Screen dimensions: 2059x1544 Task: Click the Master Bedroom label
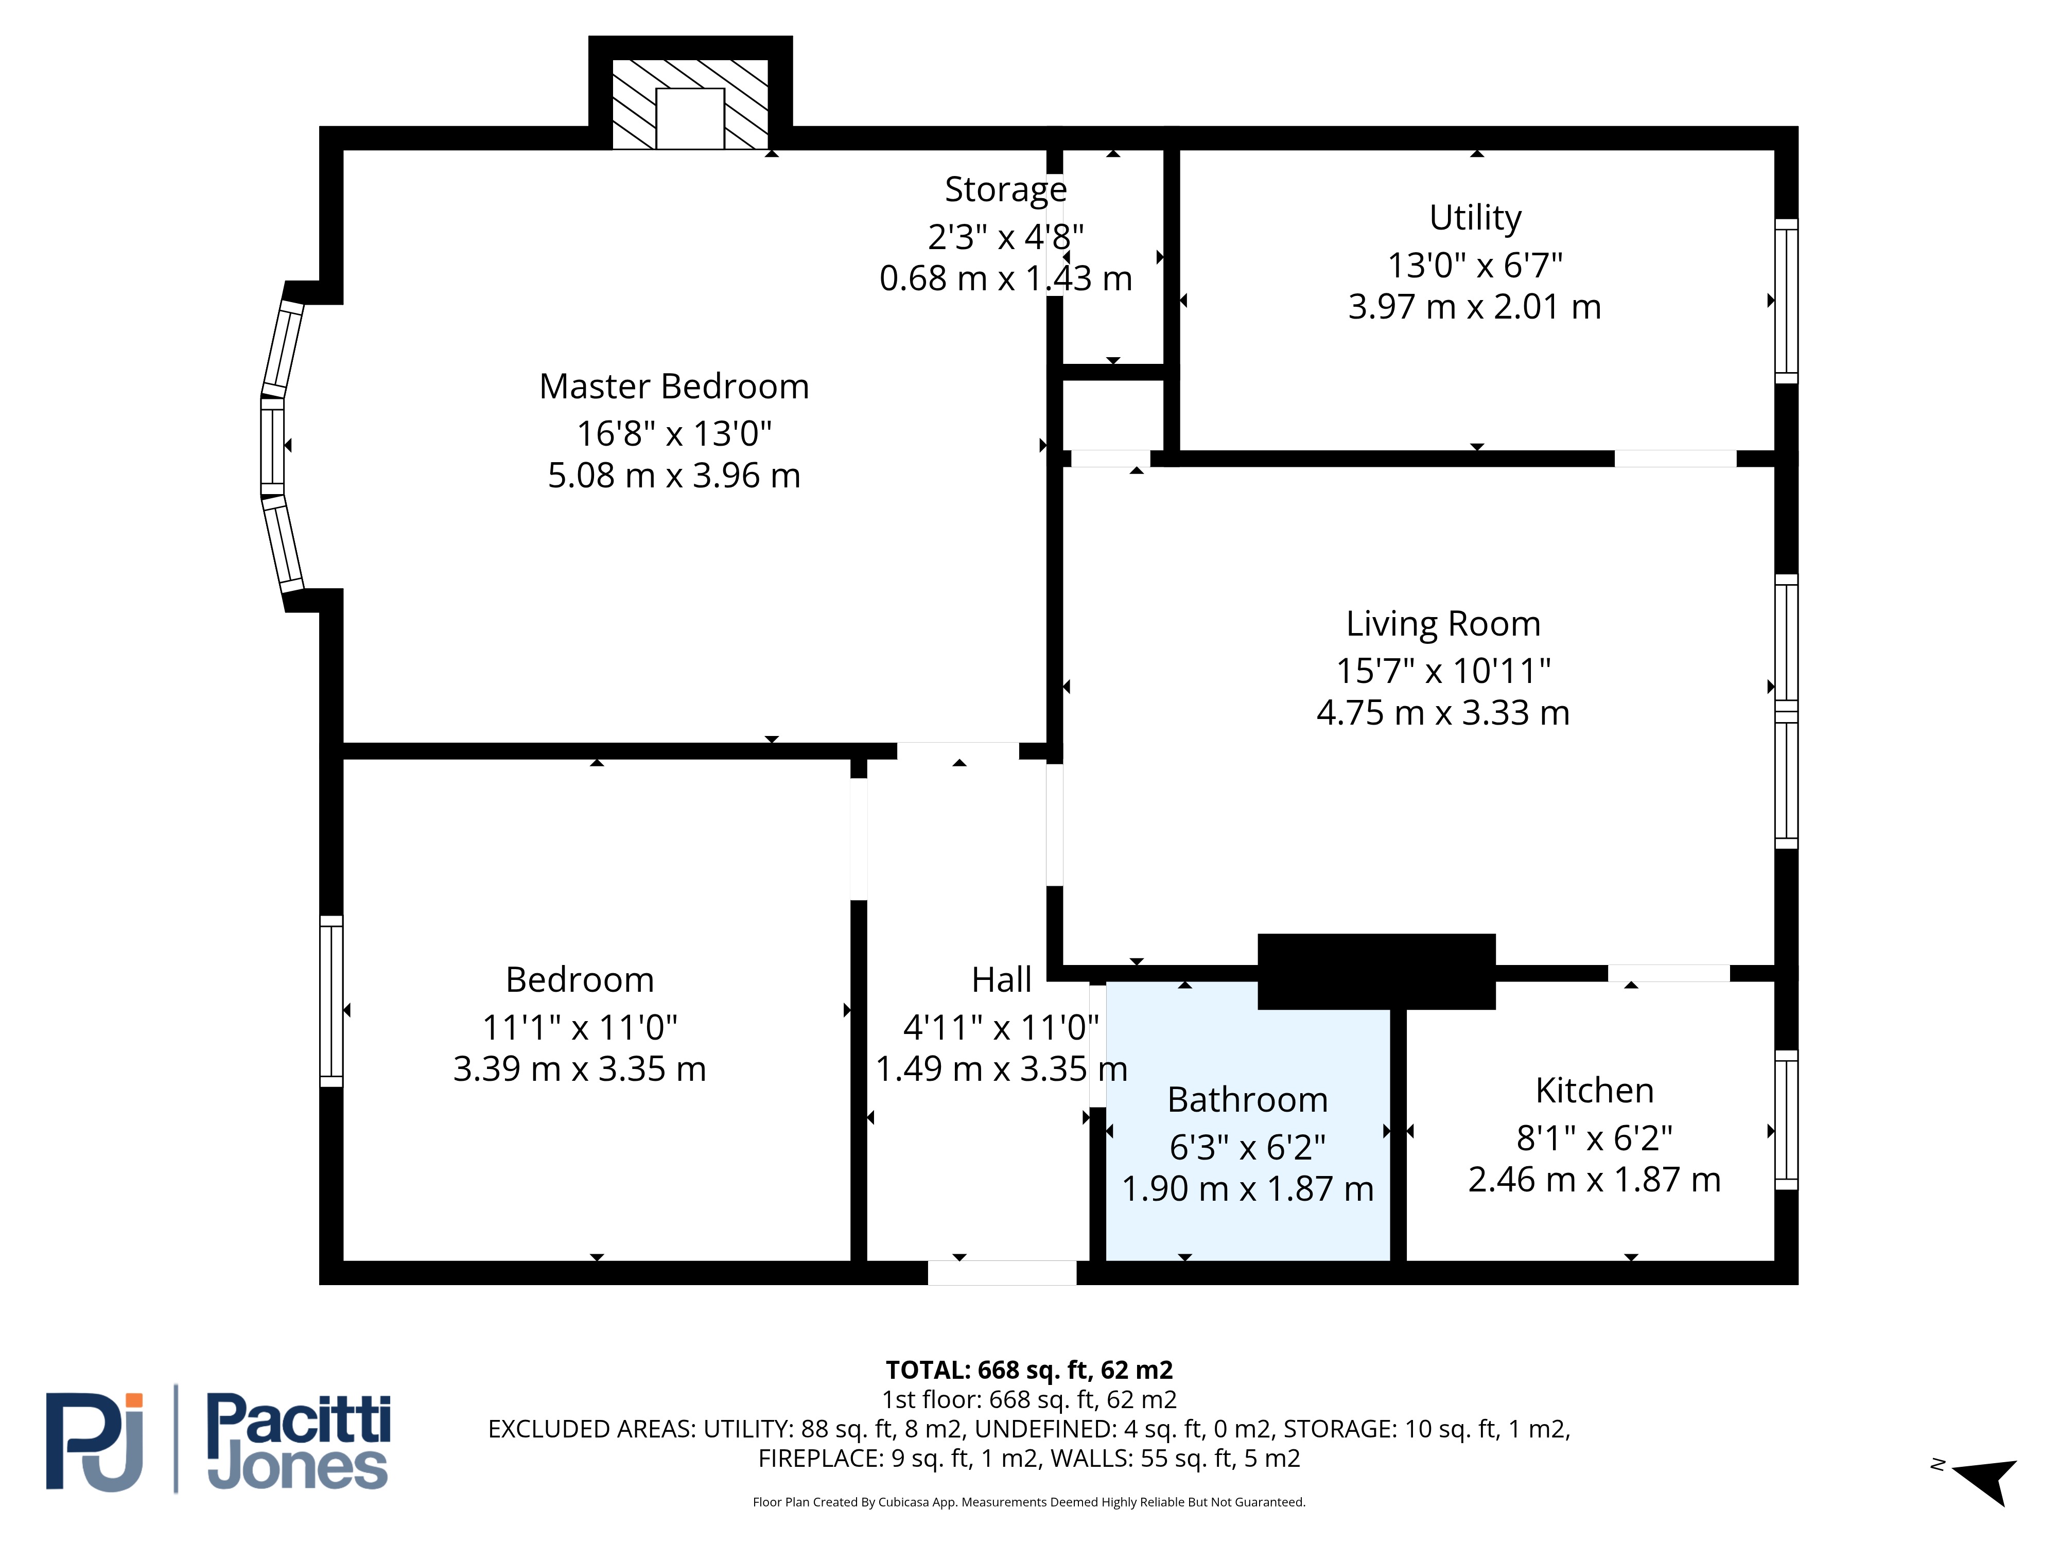click(674, 386)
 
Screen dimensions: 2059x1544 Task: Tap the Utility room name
click(1475, 218)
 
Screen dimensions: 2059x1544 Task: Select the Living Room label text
click(1443, 624)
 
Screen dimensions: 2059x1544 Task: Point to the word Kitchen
click(1595, 1090)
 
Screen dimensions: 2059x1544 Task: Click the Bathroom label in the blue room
click(1247, 1100)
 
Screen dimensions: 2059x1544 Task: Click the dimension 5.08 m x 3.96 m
click(674, 476)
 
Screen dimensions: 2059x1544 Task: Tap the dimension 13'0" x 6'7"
click(1475, 265)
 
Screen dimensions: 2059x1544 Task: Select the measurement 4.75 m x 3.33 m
click(1443, 713)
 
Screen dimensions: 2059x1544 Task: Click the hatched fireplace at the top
click(690, 104)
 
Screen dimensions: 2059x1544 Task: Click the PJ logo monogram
click(95, 1442)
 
